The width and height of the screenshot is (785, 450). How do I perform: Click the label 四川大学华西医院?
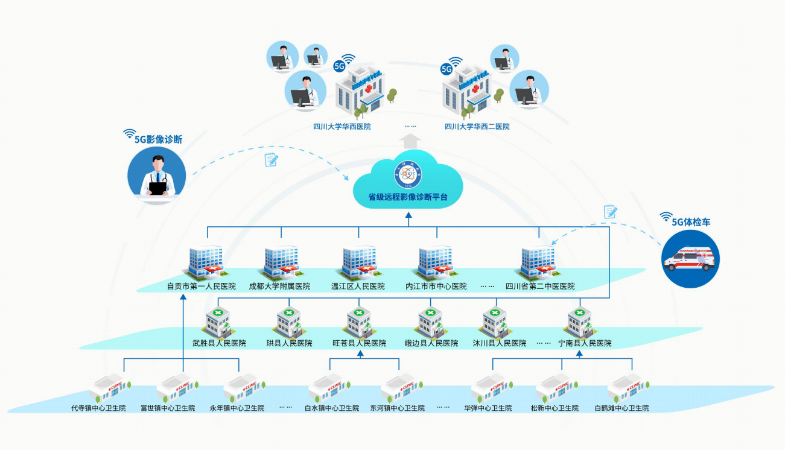pos(342,127)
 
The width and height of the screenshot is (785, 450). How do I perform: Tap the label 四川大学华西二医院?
pos(477,127)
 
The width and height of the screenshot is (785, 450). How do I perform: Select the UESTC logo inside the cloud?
pos(408,174)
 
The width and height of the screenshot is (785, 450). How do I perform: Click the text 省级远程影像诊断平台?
pos(408,197)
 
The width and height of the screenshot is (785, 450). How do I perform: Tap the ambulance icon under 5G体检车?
pos(690,260)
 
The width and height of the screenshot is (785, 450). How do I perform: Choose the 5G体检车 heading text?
pos(691,222)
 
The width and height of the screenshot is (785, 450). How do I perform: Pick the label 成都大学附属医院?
pos(279,287)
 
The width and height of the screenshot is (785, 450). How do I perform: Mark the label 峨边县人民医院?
pos(431,343)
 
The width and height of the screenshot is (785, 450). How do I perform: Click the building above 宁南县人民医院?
pos(579,322)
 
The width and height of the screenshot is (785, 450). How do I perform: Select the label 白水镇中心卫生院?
pos(331,408)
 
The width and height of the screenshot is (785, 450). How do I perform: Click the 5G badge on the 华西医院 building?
pos(340,65)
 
